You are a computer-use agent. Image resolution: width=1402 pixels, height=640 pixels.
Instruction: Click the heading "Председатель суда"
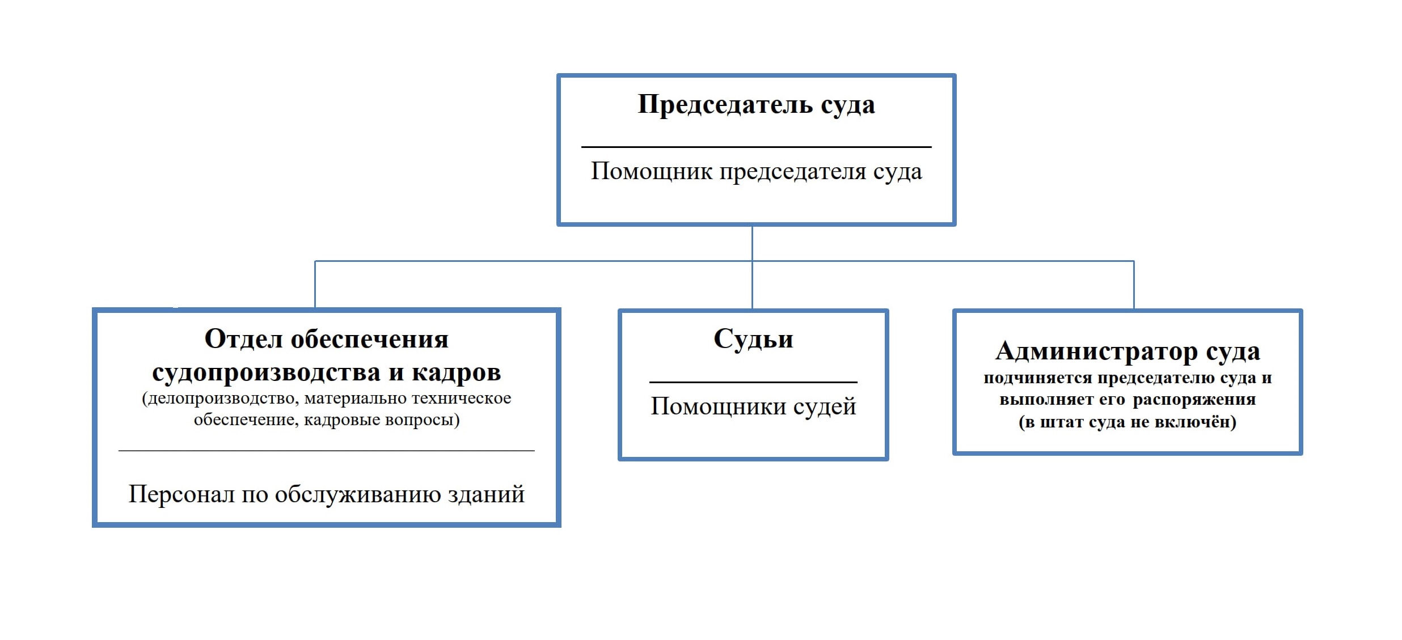[x=756, y=105]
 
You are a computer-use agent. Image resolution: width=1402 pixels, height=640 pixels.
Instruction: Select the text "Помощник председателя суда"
[x=756, y=171]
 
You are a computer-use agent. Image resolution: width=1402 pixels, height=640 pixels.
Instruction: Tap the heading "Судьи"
[x=753, y=340]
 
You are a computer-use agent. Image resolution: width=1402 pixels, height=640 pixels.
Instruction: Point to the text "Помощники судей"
[x=753, y=406]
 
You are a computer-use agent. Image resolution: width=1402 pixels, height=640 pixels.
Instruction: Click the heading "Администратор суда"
[x=1127, y=351]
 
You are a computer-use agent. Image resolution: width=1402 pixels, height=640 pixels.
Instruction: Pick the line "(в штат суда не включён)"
[x=1127, y=422]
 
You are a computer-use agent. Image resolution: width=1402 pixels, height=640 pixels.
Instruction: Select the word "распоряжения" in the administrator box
[x=1194, y=400]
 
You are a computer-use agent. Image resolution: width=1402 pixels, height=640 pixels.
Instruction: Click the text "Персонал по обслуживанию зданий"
[x=326, y=494]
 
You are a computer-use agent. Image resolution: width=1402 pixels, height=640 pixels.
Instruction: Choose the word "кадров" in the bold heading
[x=456, y=372]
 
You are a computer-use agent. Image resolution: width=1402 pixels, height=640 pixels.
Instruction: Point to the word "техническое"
[x=461, y=399]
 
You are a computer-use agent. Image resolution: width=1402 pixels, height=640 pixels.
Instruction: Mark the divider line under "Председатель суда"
[x=756, y=147]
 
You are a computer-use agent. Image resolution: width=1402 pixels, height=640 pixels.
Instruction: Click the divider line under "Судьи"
[x=753, y=382]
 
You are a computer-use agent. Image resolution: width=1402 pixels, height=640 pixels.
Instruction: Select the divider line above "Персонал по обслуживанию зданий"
[x=326, y=451]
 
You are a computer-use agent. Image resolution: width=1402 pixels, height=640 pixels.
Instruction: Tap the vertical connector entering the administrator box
[x=1134, y=285]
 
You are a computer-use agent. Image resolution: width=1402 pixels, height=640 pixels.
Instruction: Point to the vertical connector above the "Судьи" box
[x=752, y=286]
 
